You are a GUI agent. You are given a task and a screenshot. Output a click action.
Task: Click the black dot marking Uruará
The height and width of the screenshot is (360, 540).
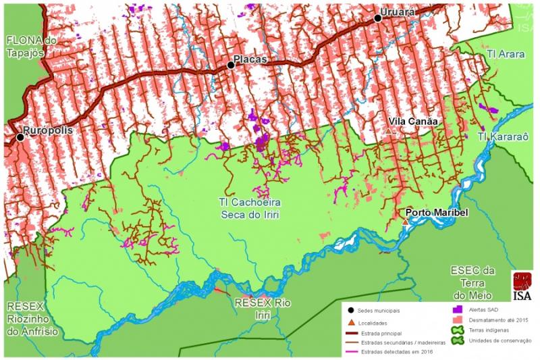pos(378,19)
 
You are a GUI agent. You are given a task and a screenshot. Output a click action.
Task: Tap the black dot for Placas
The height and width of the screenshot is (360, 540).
pos(231,65)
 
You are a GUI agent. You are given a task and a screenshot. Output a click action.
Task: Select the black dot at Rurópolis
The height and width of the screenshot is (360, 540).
pos(20,137)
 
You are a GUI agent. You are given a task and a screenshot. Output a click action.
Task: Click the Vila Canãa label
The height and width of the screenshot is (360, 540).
pos(413,122)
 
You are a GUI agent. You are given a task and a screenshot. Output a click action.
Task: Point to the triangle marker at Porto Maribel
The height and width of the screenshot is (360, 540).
pos(405,222)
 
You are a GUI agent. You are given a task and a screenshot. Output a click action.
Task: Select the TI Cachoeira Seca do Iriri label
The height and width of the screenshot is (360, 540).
pos(250,208)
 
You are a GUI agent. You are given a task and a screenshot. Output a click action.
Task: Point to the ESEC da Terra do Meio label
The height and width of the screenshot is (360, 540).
pos(473,283)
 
